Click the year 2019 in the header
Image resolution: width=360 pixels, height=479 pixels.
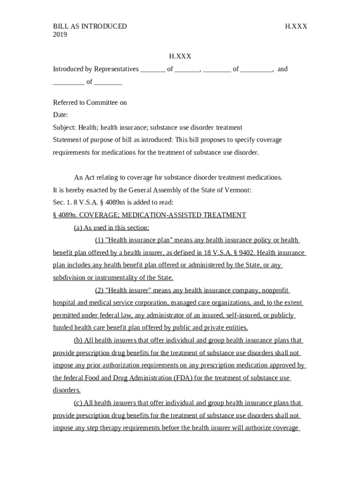pyautogui.click(x=60, y=35)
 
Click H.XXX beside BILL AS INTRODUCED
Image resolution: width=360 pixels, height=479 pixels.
pyautogui.click(x=296, y=26)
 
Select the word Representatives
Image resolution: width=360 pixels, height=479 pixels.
pyautogui.click(x=116, y=69)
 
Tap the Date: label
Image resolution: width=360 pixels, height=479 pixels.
pyautogui.click(x=60, y=115)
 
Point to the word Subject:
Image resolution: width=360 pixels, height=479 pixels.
pyautogui.click(x=64, y=128)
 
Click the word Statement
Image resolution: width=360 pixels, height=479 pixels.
pyautogui.click(x=67, y=140)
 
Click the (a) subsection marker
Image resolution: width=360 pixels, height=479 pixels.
pyautogui.click(x=78, y=228)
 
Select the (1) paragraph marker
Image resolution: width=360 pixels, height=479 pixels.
pyautogui.click(x=99, y=240)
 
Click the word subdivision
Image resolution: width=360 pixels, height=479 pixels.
pyautogui.click(x=70, y=278)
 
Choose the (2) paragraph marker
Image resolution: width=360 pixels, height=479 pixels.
pyautogui.click(x=99, y=290)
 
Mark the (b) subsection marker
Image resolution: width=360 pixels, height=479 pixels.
pyautogui.click(x=78, y=341)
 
